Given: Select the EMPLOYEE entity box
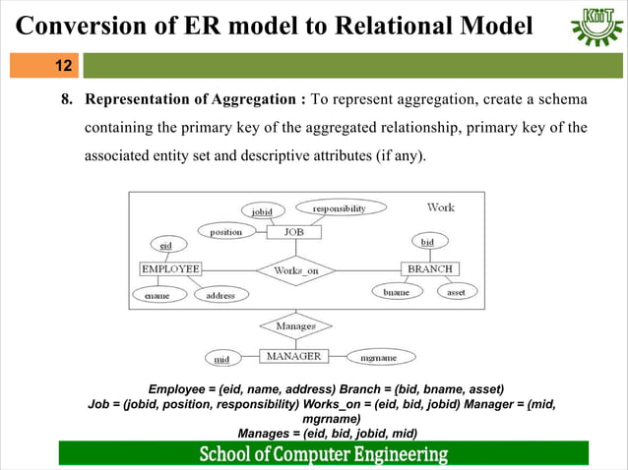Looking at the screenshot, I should [x=170, y=268].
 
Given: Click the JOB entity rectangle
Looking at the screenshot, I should [x=294, y=232].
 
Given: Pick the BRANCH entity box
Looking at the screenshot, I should [x=430, y=268].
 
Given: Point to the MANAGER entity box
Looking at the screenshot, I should [x=293, y=356].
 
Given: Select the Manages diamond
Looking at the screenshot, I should [x=295, y=325].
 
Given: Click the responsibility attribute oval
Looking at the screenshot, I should [x=340, y=208].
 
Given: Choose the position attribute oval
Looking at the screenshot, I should [x=225, y=232].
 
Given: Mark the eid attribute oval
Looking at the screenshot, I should [x=166, y=243].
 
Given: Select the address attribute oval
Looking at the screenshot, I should [x=220, y=295].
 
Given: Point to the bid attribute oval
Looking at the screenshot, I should [x=427, y=241].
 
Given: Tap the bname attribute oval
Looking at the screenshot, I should [x=397, y=292].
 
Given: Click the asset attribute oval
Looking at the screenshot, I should [x=456, y=292].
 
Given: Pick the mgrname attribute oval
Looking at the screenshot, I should [x=378, y=358].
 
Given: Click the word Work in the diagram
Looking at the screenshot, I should [x=440, y=207].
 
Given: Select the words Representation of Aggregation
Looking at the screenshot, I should [x=196, y=100].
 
